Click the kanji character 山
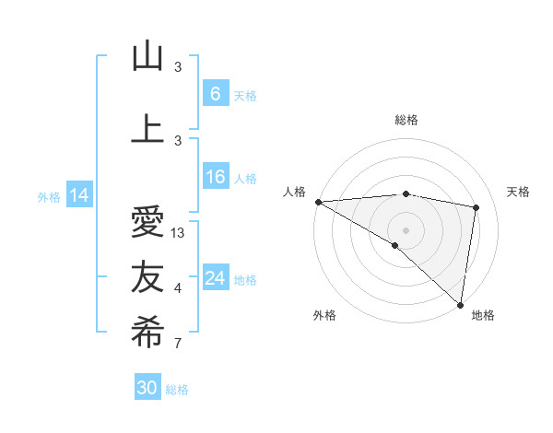pos(147,57)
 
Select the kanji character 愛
pos(147,223)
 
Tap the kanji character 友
pos(147,277)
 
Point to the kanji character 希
pos(147,333)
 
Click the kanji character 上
pos(147,130)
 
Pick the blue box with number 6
pos(215,94)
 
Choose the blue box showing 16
pos(215,178)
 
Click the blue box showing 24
pos(215,278)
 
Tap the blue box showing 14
pos(79,195)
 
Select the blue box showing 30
pos(147,388)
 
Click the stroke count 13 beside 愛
pos(179,233)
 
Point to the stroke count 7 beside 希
pos(178,344)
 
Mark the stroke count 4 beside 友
pos(178,288)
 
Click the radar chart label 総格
pos(406,120)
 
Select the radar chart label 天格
pos(519,192)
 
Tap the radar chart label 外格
pos(324,315)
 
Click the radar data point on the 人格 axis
pos(318,202)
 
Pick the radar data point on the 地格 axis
pos(460,304)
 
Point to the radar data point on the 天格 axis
pos(476,207)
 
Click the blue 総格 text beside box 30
pos(177,390)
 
